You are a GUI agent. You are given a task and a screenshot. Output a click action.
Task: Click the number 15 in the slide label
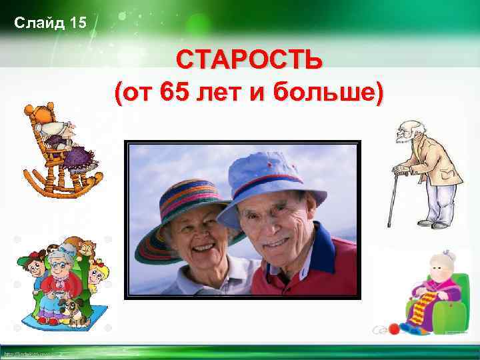(77, 24)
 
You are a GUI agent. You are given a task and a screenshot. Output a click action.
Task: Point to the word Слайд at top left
(39, 24)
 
